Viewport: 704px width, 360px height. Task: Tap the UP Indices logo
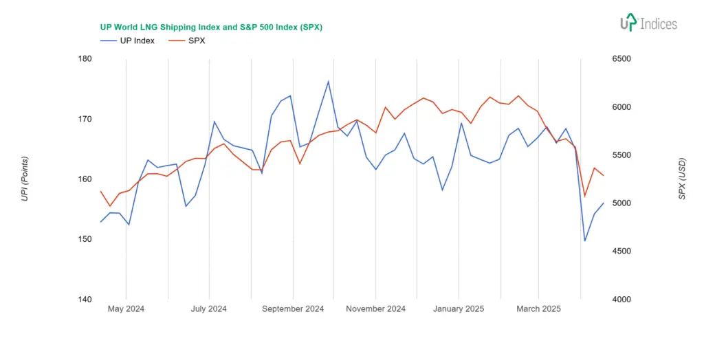648,23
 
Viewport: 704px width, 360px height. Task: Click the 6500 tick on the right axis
621,58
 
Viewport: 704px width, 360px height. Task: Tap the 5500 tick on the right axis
621,155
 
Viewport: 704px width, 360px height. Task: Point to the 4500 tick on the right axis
621,251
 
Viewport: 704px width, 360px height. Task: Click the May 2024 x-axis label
126,309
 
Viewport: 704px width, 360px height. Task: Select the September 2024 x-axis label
293,309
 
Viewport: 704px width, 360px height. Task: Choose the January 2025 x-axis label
459,309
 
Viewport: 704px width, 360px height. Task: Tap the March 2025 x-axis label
538,309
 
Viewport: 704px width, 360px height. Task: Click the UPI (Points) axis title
25,179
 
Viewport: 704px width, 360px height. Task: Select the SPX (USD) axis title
682,179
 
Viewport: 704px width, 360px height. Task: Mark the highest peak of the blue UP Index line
328,82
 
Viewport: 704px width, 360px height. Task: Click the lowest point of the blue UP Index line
585,240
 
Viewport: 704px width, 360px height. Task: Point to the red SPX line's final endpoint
603,175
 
